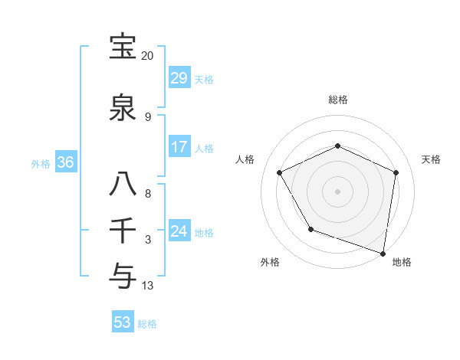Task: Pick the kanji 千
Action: pos(123,229)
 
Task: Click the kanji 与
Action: pos(123,273)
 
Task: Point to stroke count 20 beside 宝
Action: pos(148,56)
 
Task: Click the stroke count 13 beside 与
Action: pos(148,286)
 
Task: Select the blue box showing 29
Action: pos(179,78)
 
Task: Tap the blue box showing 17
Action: pos(179,147)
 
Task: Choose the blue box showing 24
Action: pos(179,231)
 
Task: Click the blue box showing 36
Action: pos(65,162)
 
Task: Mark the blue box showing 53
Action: pos(122,322)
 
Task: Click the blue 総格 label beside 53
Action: pos(147,324)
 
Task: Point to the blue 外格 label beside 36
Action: pos(41,163)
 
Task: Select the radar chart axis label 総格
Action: pos(337,100)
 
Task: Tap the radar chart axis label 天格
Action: pos(431,159)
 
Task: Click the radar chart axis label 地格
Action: pos(402,262)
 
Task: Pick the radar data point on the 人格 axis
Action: pos(279,172)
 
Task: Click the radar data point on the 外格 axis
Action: pos(310,229)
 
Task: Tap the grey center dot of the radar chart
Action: pos(337,191)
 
